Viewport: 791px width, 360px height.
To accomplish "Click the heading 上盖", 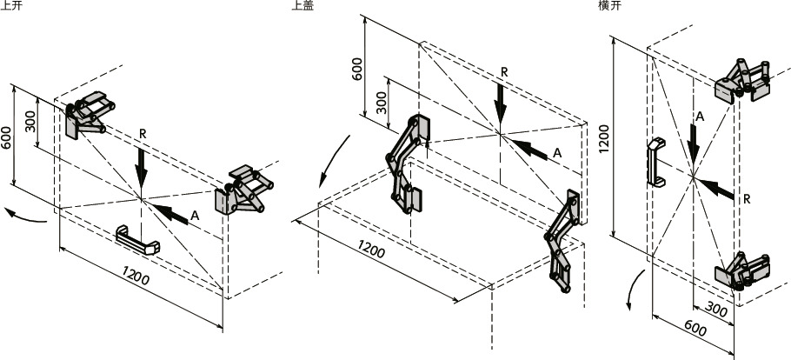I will tap(303, 5).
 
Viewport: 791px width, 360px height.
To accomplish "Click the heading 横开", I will tap(608, 5).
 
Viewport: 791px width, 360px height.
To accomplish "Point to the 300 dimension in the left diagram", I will tap(30, 121).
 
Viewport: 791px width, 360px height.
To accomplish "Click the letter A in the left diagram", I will tap(196, 215).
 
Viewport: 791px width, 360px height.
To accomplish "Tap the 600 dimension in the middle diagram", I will tap(357, 68).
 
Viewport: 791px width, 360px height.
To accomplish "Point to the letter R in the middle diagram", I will tap(504, 72).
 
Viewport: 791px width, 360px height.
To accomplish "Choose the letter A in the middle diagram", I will tap(557, 152).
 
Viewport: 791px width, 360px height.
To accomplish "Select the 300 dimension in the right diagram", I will tap(717, 310).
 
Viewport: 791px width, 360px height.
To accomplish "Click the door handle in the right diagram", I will tap(653, 163).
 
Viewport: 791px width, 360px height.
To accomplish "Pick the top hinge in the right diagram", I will tap(743, 79).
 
